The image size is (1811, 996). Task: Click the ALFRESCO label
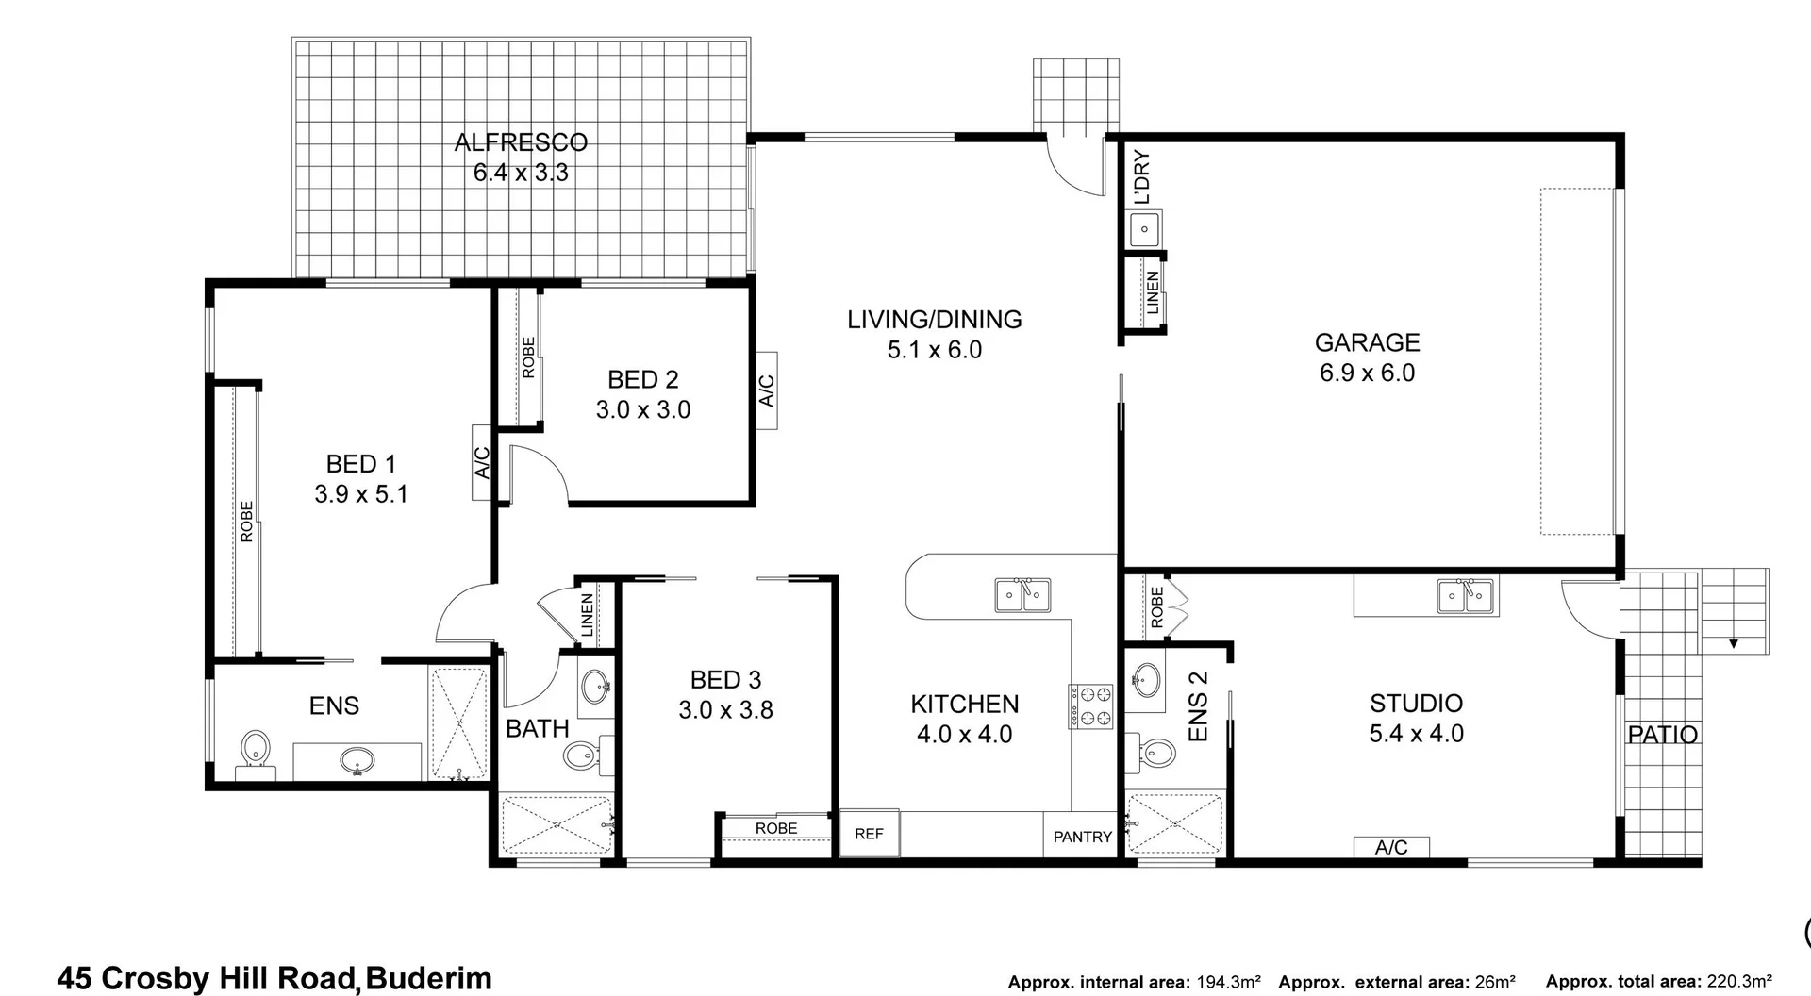tap(521, 142)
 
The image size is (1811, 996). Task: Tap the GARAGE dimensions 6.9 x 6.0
tap(1367, 373)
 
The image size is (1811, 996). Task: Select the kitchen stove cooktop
tap(1090, 706)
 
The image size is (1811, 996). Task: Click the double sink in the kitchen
tap(1023, 595)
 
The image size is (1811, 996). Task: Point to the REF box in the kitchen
tap(869, 834)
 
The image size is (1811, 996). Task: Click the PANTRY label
tap(1082, 837)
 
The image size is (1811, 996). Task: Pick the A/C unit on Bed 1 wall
tap(482, 462)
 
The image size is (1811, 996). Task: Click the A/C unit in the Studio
tap(1391, 847)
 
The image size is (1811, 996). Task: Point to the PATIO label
tap(1662, 735)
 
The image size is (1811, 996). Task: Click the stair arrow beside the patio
tap(1733, 644)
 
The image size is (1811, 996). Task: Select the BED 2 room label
tap(643, 379)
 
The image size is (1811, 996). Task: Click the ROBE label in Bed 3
tap(776, 828)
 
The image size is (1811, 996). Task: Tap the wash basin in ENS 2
tap(1147, 679)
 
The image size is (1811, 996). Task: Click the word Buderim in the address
tap(428, 978)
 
